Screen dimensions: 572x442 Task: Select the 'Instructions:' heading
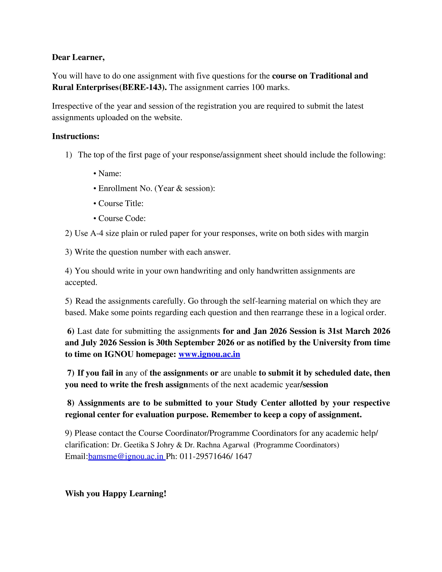(76, 136)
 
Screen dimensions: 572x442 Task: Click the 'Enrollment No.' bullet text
(125, 188)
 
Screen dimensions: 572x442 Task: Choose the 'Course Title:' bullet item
(120, 203)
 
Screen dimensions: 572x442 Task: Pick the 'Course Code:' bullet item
(122, 218)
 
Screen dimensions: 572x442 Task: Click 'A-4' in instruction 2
(97, 233)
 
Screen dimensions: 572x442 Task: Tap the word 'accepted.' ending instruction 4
(81, 282)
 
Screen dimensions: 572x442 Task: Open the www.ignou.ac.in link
(209, 354)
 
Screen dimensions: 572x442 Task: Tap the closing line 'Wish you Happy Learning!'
(115, 493)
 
